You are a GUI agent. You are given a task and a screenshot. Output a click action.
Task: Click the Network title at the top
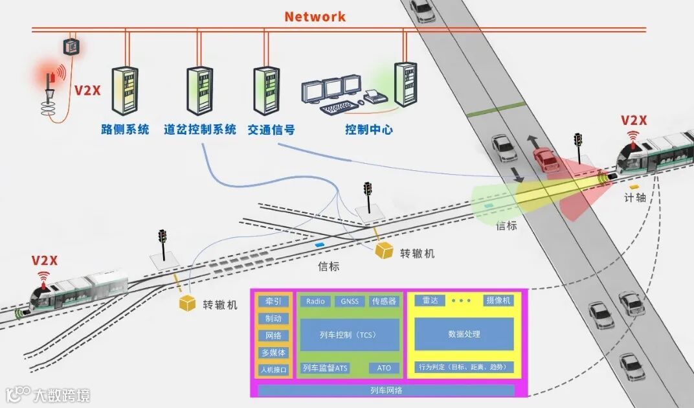[315, 17]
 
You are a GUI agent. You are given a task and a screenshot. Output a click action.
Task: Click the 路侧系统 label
[125, 130]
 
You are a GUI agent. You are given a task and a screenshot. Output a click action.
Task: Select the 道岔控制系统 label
[200, 130]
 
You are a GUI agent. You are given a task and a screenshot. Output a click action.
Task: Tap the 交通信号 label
[271, 130]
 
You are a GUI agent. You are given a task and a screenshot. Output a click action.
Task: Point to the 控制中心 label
[369, 130]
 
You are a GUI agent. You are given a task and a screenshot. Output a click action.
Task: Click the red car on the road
[546, 159]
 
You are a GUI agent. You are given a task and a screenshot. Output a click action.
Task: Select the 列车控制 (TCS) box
[350, 335]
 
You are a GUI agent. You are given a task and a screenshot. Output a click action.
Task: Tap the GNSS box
[350, 301]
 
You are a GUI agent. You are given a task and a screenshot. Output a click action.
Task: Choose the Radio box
[315, 301]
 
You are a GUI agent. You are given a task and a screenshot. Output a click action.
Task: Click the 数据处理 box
[464, 334]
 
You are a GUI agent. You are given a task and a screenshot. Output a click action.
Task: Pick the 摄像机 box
[498, 300]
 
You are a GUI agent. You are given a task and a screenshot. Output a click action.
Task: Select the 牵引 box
[273, 302]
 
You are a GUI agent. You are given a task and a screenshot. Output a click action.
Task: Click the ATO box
[384, 368]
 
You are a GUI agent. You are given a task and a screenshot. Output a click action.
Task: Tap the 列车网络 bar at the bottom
[386, 391]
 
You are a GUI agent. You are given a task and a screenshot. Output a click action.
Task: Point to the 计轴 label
[635, 198]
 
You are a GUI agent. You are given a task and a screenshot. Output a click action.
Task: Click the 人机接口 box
[273, 370]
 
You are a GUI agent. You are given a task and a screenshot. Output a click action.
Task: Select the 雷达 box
[430, 300]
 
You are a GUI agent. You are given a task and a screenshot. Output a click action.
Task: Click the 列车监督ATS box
[325, 368]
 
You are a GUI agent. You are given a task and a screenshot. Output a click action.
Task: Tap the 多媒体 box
[273, 353]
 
